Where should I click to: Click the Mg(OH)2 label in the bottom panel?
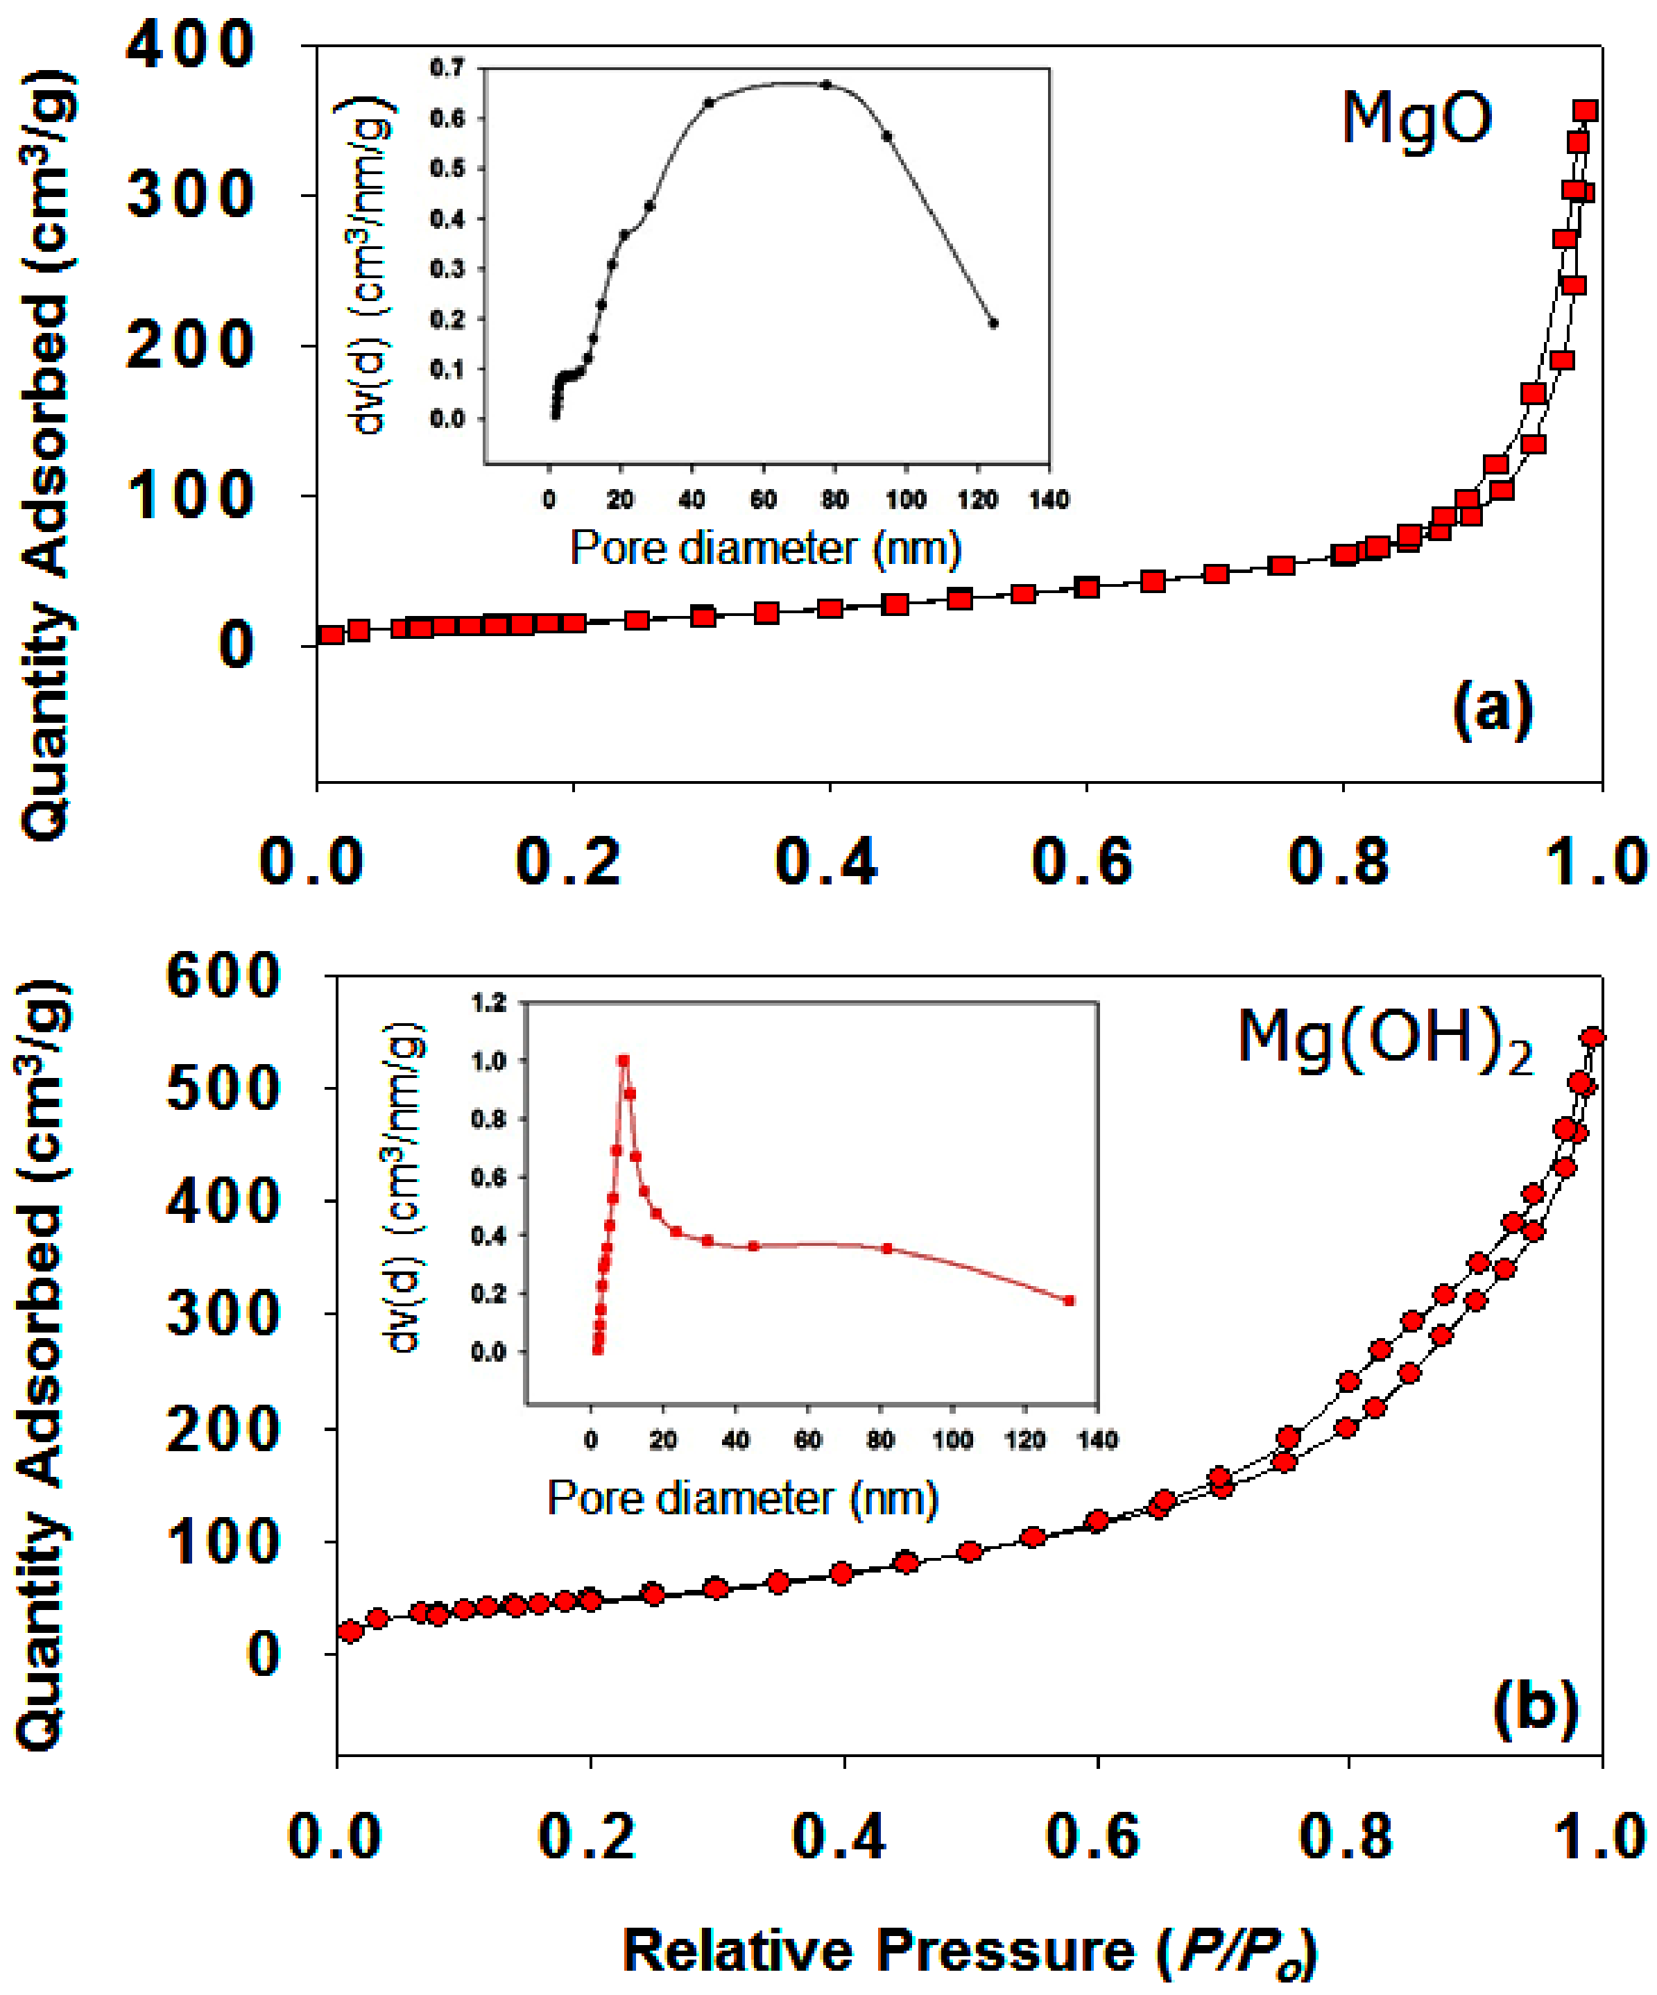click(1385, 1041)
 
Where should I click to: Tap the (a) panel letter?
click(1493, 709)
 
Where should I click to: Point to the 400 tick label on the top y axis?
click(190, 46)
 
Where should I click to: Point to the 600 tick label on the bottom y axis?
click(223, 976)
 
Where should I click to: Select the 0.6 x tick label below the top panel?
click(1083, 863)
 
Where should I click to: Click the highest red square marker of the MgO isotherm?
click(1585, 111)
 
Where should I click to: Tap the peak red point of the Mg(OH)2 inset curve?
click(624, 1060)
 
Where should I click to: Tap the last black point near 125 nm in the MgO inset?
click(993, 323)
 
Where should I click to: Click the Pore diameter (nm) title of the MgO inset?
click(765, 548)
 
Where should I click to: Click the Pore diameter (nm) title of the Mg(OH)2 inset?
click(742, 1498)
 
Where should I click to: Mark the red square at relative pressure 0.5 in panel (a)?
click(960, 599)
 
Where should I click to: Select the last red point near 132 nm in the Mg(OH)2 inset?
click(1070, 1301)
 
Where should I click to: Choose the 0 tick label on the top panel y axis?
click(236, 645)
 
